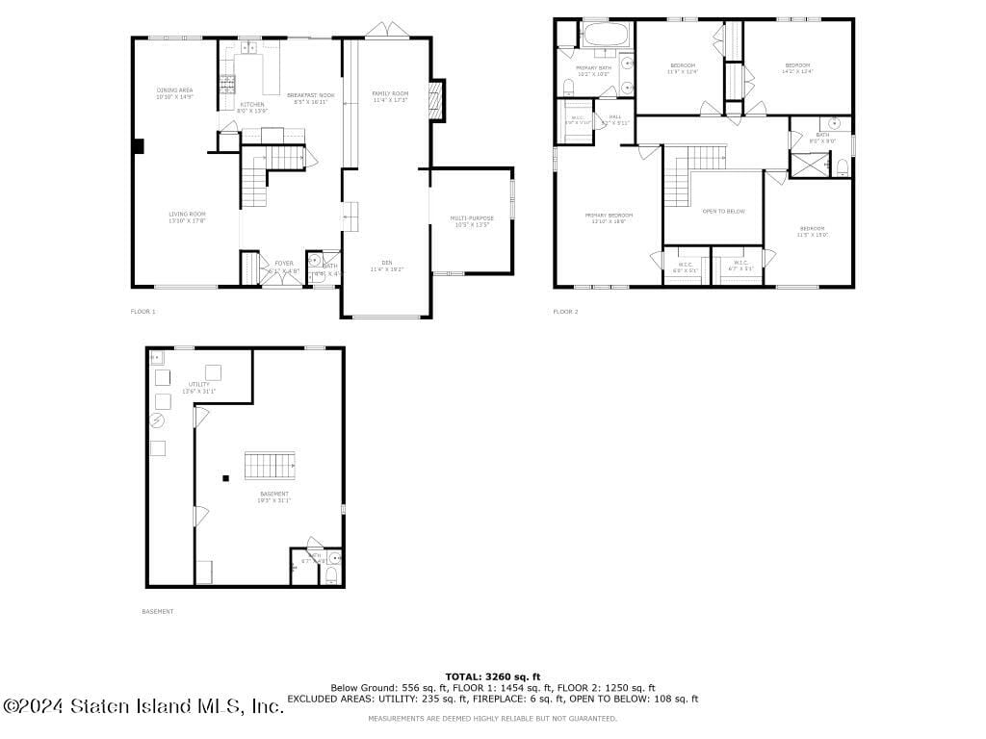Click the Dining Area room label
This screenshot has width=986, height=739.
tap(175, 92)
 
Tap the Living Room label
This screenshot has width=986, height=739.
tap(187, 217)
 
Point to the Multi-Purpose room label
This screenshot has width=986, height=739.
tap(472, 220)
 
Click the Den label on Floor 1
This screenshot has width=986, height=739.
tap(386, 265)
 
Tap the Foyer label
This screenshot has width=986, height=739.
tap(284, 266)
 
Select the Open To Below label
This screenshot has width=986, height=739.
tap(723, 211)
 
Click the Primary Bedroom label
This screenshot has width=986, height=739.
tap(609, 217)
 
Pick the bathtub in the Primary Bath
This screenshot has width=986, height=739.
tap(606, 38)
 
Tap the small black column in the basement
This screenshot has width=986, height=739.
tap(225, 478)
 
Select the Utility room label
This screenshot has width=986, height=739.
tap(199, 387)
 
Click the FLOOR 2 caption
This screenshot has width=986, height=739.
tap(565, 312)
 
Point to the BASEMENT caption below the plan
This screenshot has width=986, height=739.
tap(158, 611)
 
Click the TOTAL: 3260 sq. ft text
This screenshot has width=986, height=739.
tap(492, 676)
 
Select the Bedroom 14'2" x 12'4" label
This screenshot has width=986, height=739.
tap(796, 67)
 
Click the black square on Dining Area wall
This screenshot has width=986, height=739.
tap(139, 146)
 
